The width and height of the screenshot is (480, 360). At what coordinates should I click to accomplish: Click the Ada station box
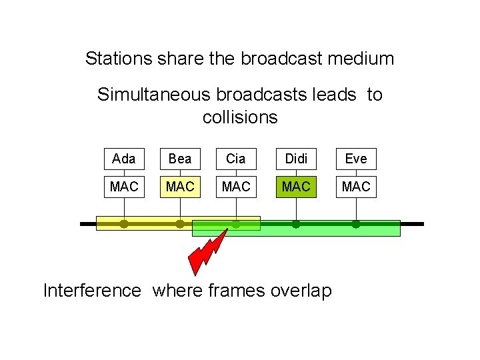pyautogui.click(x=124, y=159)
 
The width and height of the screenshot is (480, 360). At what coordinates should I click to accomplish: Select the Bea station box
pyautogui.click(x=180, y=159)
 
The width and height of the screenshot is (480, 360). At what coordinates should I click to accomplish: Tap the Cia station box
pyautogui.click(x=236, y=159)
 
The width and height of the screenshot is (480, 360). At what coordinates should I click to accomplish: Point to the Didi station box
pyautogui.click(x=296, y=159)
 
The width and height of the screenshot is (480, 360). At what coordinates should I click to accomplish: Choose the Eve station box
pyautogui.click(x=356, y=159)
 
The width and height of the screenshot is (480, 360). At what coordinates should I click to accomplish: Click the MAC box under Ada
pyautogui.click(x=124, y=187)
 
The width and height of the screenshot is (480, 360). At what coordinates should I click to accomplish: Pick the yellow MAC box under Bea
pyautogui.click(x=180, y=187)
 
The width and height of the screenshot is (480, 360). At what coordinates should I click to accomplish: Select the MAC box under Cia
pyautogui.click(x=236, y=187)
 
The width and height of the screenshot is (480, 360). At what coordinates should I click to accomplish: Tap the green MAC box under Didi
pyautogui.click(x=296, y=187)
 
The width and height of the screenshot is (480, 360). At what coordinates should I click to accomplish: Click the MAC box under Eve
pyautogui.click(x=356, y=187)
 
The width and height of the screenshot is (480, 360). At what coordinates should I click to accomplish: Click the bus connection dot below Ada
pyautogui.click(x=124, y=225)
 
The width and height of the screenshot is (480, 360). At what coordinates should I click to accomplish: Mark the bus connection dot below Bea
pyautogui.click(x=180, y=225)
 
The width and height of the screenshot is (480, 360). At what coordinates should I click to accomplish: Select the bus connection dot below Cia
pyautogui.click(x=236, y=225)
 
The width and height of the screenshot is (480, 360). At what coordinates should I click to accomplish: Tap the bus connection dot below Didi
pyautogui.click(x=296, y=225)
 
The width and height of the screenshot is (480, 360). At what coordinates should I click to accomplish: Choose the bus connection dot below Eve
pyautogui.click(x=356, y=225)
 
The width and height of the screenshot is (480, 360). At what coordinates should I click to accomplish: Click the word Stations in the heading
pyautogui.click(x=118, y=59)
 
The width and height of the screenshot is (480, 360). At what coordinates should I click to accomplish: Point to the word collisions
pyautogui.click(x=240, y=117)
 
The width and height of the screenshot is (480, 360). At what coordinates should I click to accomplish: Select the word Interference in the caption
pyautogui.click(x=92, y=291)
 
